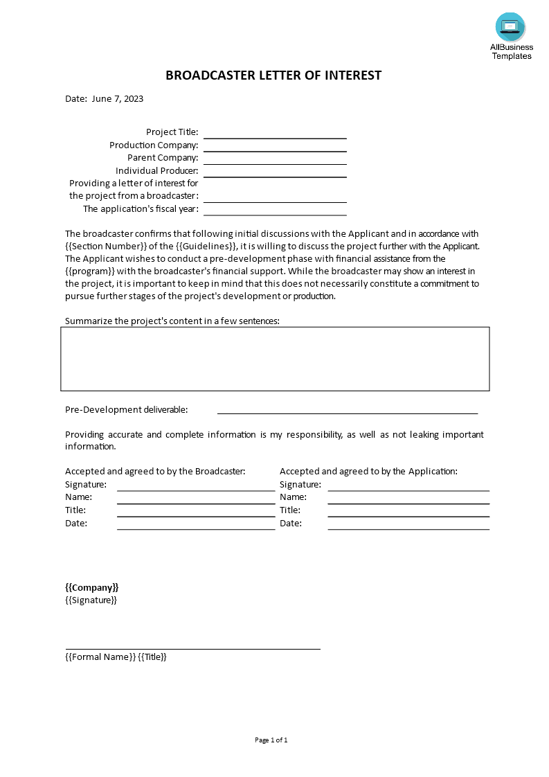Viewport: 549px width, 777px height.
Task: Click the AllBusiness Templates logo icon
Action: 510,27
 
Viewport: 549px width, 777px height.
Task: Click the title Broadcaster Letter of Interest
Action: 273,75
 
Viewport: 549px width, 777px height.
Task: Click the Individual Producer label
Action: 156,170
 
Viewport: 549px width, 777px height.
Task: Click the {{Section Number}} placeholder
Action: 102,246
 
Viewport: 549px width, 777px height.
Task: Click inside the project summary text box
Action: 275,359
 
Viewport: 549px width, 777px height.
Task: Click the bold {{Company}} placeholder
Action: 92,587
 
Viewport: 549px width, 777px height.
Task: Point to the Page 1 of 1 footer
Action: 271,740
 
